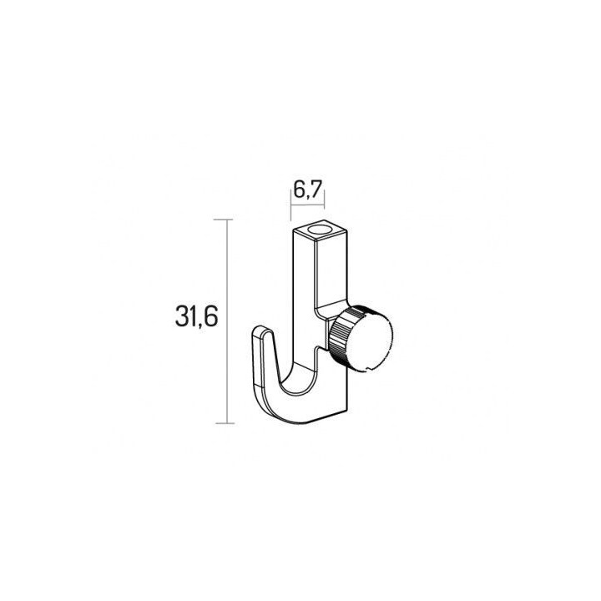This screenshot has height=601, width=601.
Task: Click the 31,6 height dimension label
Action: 197,316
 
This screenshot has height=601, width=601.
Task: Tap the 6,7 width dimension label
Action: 306,189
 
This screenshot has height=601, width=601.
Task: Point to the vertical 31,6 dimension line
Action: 228,321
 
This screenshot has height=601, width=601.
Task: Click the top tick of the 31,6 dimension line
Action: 223,220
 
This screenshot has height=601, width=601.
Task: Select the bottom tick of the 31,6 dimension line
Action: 225,423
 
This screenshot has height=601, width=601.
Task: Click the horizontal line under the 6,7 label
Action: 307,205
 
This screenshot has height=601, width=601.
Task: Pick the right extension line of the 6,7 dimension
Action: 324,200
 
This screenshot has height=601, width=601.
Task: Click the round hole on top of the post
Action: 320,230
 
